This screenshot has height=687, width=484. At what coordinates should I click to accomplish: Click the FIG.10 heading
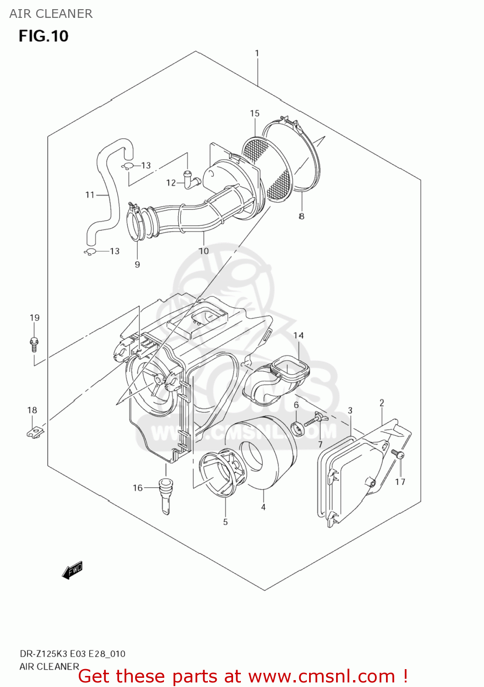(44, 36)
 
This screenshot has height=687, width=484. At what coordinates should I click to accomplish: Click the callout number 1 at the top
(257, 53)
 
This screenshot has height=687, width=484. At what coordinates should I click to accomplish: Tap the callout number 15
(255, 113)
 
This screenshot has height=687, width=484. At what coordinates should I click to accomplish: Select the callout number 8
(301, 216)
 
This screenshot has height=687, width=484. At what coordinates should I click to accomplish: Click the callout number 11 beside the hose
(90, 195)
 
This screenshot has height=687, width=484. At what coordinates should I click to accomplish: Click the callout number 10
(204, 251)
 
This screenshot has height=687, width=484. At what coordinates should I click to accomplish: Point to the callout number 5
(225, 522)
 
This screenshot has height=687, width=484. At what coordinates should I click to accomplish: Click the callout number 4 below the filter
(263, 507)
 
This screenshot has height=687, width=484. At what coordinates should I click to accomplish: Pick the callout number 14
(299, 335)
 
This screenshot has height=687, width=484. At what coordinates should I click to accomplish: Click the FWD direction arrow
(72, 570)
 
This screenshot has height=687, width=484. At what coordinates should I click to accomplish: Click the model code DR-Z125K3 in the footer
(44, 654)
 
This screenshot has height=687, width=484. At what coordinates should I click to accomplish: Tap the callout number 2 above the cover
(382, 403)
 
